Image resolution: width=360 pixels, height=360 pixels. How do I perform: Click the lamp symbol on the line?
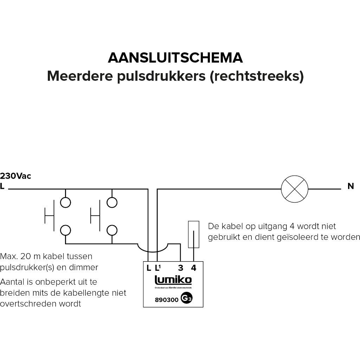295,189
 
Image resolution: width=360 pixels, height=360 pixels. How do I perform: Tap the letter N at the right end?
351,186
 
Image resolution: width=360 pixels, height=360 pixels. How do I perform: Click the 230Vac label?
16,176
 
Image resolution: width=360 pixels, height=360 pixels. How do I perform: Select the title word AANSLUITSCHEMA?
175,58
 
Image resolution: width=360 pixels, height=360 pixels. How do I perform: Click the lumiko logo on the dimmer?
173,280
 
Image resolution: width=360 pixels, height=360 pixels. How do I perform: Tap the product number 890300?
167,300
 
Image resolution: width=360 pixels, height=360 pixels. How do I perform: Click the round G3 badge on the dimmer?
186,298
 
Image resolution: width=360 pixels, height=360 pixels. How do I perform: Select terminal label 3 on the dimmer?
180,268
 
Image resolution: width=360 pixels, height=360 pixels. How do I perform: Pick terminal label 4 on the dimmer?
193,268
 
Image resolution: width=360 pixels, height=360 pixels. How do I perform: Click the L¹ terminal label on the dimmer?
157,268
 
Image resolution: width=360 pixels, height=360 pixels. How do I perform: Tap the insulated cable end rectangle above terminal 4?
194,234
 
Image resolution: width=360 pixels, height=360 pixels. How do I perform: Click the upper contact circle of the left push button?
65,202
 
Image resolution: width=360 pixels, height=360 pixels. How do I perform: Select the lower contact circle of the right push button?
112,230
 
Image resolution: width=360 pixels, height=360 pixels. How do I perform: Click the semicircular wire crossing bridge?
152,248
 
